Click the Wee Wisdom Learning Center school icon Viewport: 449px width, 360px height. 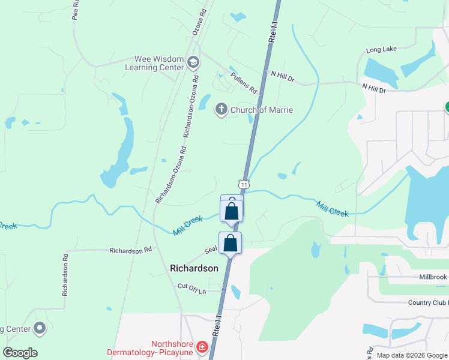[193, 62]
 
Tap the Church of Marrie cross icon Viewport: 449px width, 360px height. [221, 109]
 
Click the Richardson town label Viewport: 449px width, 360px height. [194, 268]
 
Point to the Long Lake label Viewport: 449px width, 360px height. [381, 50]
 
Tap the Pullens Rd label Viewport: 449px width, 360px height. [244, 83]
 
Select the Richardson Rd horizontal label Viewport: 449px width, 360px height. [130, 250]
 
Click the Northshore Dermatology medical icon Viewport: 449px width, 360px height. [202, 347]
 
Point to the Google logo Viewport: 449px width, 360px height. [20, 352]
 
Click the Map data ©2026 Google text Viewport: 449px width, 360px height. [412, 355]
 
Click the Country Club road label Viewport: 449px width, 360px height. [427, 302]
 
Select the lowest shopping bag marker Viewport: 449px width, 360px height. [230, 243]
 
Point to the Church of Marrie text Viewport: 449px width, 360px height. [262, 110]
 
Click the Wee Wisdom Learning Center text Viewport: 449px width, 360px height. [154, 63]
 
